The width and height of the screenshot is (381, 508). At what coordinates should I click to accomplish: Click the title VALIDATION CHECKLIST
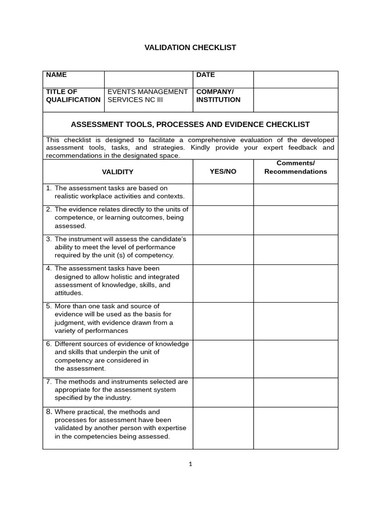pos(190,48)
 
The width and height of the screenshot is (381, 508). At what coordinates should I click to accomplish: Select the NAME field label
pos(56,75)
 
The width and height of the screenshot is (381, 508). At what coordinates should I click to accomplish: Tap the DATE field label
pos(205,75)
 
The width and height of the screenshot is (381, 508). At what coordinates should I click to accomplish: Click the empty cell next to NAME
pos(148,79)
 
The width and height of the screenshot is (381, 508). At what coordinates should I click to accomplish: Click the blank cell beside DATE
pos(295,79)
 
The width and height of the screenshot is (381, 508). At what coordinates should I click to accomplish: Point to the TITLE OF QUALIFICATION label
pos(73,96)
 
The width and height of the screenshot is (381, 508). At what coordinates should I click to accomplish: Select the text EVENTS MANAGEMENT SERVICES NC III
pos(147,96)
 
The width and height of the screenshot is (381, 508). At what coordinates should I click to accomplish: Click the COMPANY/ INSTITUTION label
pos(218,96)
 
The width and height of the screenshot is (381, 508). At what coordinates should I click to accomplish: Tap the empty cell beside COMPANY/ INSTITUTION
pos(295,100)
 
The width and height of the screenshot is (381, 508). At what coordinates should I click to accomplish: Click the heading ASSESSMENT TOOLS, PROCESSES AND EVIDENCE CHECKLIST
pos(190,125)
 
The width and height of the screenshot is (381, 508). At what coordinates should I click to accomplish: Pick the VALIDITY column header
pos(118,172)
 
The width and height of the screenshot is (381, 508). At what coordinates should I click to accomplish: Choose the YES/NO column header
pos(223,172)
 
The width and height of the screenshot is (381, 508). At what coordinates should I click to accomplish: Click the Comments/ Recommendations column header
pos(295,168)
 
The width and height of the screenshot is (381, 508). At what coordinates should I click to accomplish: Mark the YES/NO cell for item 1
pos(223,194)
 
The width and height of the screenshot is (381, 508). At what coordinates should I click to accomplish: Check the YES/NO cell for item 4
pos(223,283)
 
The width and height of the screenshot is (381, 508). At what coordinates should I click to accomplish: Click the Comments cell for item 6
pos(295,359)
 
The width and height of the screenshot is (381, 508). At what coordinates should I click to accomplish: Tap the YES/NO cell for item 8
pos(223,428)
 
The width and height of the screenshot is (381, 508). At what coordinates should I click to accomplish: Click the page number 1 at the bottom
pos(190,464)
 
